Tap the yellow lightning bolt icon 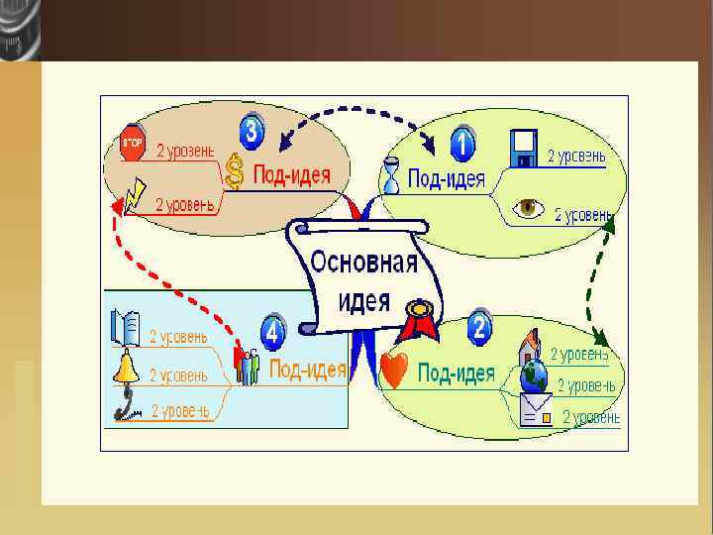[136, 194]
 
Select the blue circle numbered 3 [253, 132]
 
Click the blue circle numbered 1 [461, 145]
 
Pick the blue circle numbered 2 [480, 326]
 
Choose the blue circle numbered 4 [273, 330]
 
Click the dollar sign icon [235, 172]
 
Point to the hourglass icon [393, 175]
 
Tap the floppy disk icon [523, 148]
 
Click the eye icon [528, 208]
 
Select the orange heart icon [394, 371]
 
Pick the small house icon [531, 347]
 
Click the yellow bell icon [125, 368]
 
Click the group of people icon [247, 366]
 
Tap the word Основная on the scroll [364, 264]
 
